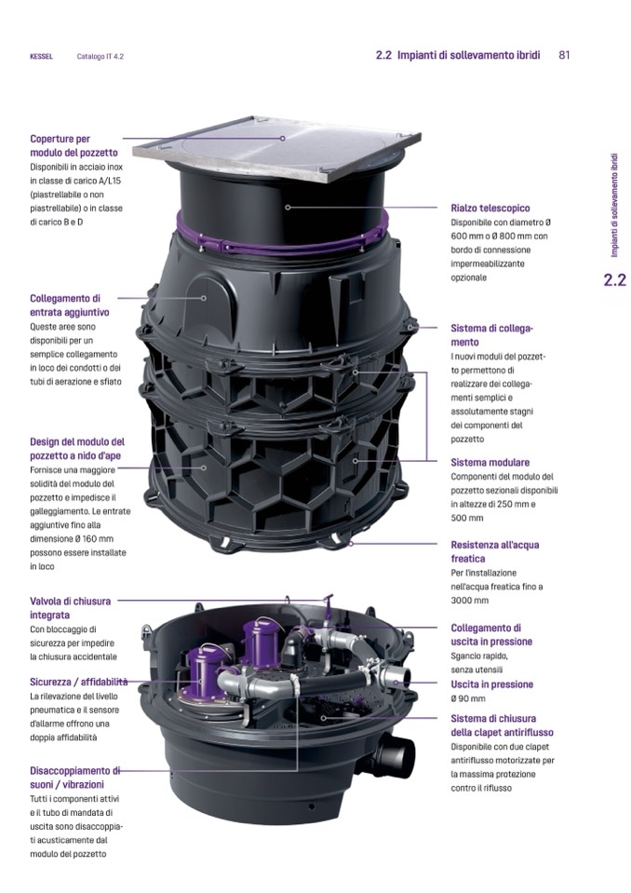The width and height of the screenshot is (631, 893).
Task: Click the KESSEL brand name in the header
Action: pyautogui.click(x=41, y=57)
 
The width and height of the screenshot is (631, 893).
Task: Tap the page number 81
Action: pyautogui.click(x=564, y=55)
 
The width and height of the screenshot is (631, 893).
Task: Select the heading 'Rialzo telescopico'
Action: pyautogui.click(x=490, y=209)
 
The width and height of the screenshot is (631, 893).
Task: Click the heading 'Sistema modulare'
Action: pyautogui.click(x=490, y=463)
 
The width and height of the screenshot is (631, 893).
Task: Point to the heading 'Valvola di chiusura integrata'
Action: pyautogui.click(x=70, y=608)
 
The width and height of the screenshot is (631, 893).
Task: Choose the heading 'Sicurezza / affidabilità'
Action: pyautogui.click(x=78, y=682)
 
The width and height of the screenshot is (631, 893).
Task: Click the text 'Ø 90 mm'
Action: pyautogui.click(x=468, y=698)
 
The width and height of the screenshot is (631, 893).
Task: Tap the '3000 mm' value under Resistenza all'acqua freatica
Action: pyautogui.click(x=469, y=601)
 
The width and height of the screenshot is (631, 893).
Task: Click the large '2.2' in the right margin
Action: pyautogui.click(x=614, y=279)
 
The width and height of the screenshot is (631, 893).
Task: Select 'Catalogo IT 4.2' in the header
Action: pyautogui.click(x=101, y=57)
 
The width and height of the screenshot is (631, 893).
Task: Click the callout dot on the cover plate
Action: pyautogui.click(x=282, y=138)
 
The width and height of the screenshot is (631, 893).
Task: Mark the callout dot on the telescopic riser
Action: pyautogui.click(x=288, y=208)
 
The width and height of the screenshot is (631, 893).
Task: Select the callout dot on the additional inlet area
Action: pyautogui.click(x=204, y=297)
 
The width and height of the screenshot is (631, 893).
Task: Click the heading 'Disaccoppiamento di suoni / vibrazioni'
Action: pyautogui.click(x=75, y=778)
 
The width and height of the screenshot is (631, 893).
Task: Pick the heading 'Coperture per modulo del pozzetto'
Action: pyautogui.click(x=74, y=146)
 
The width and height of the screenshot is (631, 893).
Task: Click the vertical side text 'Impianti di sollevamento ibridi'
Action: pyautogui.click(x=614, y=205)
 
